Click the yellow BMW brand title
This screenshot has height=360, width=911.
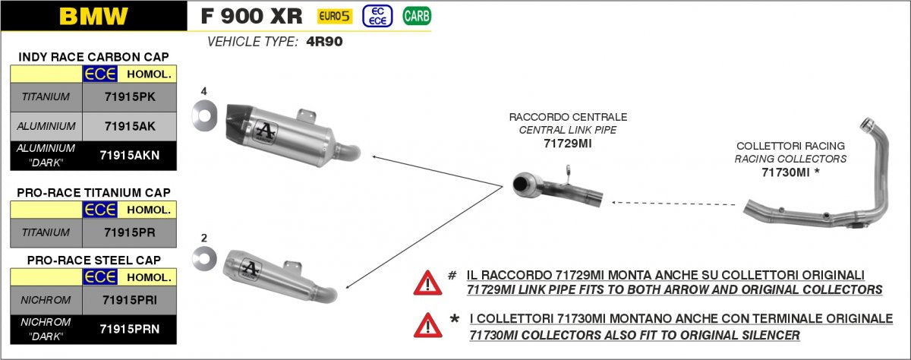[x=93, y=16]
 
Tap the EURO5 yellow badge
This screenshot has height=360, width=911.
[x=334, y=16]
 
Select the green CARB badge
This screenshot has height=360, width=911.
[x=417, y=16]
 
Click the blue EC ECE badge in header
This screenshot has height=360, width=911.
[x=377, y=16]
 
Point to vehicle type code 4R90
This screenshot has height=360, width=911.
[x=324, y=42]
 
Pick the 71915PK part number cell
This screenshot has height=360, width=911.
[x=130, y=97]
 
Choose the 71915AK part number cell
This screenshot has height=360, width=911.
[x=130, y=127]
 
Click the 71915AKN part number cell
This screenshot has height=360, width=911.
[x=130, y=156]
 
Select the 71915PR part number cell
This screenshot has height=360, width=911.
[x=130, y=232]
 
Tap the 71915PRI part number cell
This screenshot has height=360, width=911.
[x=130, y=300]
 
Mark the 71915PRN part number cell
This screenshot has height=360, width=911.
[x=130, y=329]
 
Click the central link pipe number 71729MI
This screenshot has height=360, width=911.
[x=568, y=144]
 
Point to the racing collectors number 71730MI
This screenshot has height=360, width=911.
[x=785, y=172]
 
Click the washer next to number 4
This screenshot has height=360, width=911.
[x=204, y=115]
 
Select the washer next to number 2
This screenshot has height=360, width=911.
[x=204, y=259]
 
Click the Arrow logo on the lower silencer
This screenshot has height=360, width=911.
[x=250, y=269]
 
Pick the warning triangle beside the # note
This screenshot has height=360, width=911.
[x=427, y=283]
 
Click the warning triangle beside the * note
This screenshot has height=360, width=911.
[x=428, y=326]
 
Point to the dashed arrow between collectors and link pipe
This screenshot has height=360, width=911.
[x=673, y=204]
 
